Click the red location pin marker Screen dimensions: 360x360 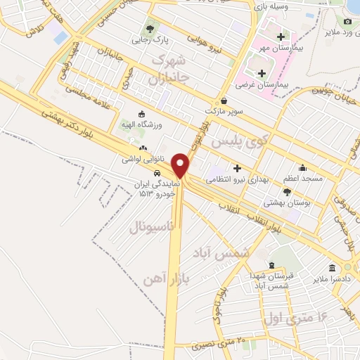[181, 165]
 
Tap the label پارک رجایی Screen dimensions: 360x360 [148, 41]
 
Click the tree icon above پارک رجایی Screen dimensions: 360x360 [148, 29]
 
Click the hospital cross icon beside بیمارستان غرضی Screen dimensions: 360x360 [262, 73]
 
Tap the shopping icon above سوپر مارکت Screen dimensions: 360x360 [223, 101]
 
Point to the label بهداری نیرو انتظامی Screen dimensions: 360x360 [237, 179]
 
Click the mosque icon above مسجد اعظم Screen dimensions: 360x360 [303, 168]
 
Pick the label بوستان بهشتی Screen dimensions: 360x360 [287, 202]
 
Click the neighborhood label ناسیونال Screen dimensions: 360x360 [151, 227]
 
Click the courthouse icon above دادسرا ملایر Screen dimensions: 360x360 [331, 269]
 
